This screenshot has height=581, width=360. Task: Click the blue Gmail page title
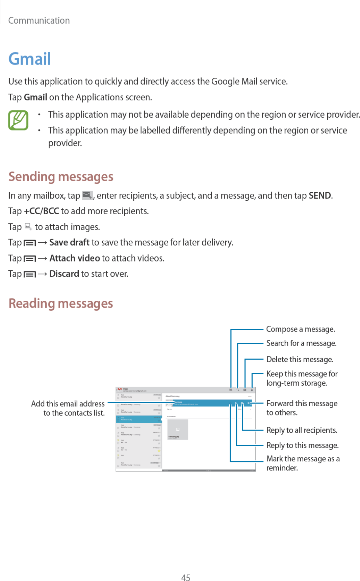coord(30,59)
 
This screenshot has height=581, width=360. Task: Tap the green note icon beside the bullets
coord(18,120)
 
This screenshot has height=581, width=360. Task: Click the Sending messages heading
coord(61,177)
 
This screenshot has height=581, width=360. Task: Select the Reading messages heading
coord(61,304)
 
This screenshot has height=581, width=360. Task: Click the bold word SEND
coord(319,196)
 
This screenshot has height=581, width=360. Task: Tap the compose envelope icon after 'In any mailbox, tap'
coord(87,195)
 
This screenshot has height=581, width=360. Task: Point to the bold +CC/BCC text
coord(42,211)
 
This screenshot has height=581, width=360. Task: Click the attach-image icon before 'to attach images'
coord(28,227)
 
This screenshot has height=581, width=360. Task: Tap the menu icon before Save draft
coord(30,243)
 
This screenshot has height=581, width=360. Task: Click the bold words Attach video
coord(75,258)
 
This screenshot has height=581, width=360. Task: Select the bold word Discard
coord(64,274)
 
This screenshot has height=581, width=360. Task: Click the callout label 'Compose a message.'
coord(301,329)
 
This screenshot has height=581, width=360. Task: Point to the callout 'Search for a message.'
coord(301,343)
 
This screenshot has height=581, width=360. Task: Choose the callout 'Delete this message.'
coord(300,359)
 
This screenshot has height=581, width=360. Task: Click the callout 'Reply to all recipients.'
coord(302,430)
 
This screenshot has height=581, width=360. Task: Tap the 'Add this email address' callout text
coord(68,404)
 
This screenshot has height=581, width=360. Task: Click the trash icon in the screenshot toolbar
coord(252,390)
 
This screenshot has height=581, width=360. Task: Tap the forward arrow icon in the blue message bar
coord(249,403)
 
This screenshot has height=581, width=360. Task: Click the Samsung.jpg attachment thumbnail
coord(178,430)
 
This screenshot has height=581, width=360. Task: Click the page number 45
coord(186,577)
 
